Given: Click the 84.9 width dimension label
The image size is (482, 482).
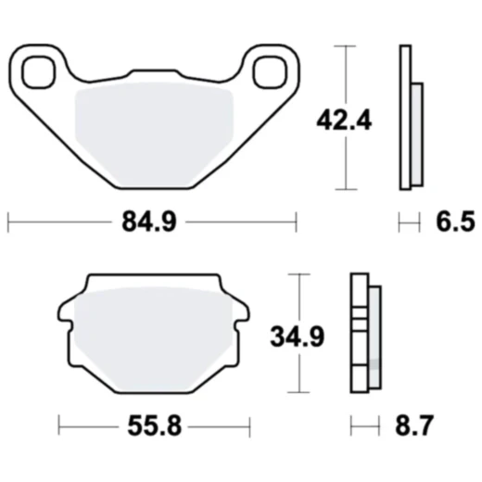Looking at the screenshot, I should (x=150, y=222).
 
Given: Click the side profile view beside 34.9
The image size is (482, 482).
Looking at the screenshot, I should (x=366, y=334).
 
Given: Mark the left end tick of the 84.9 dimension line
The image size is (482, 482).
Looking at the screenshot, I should (x=8, y=222).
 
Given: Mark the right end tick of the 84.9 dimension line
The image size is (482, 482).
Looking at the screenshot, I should (x=297, y=222).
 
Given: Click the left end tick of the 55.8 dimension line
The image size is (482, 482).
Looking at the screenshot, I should (x=59, y=427).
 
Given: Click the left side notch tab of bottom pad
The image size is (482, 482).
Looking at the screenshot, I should (x=64, y=329).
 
